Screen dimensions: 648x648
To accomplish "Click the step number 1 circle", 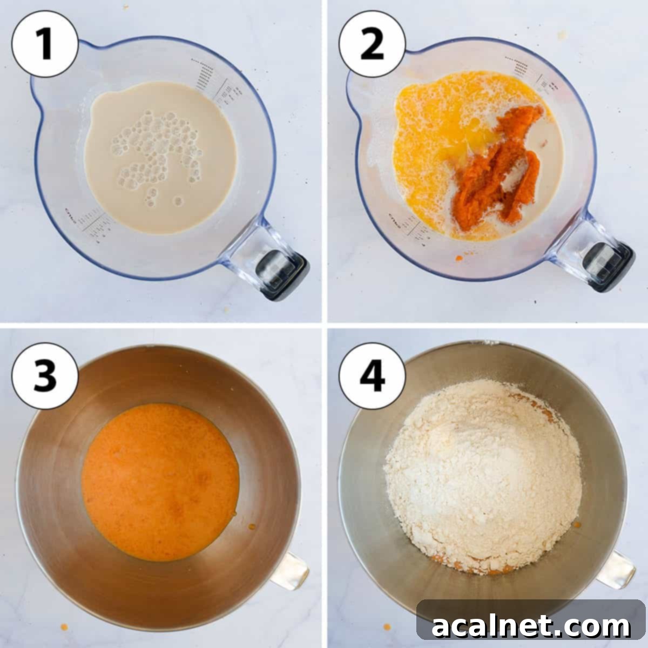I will point(45,44).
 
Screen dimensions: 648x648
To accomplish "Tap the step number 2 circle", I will point(372,44).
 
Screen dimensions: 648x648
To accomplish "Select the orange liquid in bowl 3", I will point(160,481).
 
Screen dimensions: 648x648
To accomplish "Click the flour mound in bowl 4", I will point(483,475).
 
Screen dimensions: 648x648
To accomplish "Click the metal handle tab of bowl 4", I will point(616,570).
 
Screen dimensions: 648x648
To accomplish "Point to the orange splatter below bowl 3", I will point(64,627).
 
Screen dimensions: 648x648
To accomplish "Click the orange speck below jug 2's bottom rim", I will point(459,258).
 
